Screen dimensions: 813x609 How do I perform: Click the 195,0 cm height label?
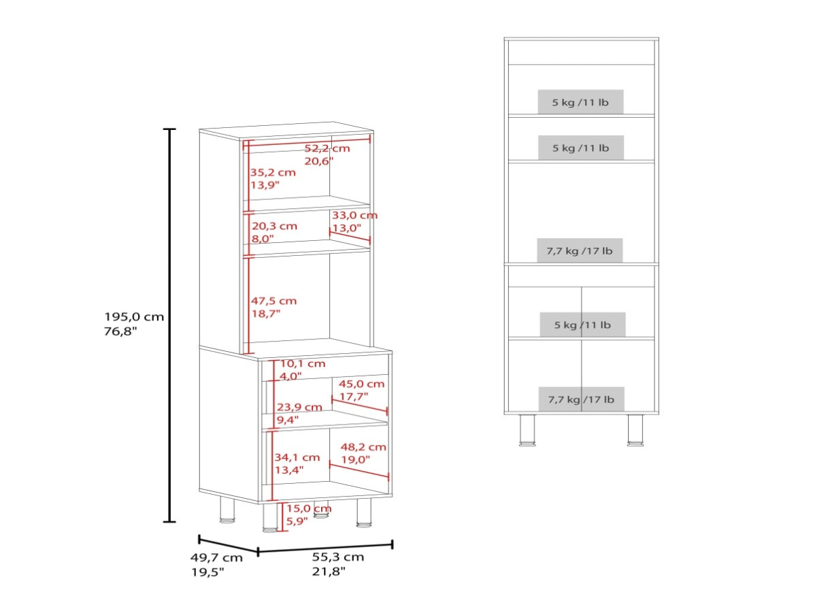point(134,316)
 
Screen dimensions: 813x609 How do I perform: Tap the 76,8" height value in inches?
point(121,331)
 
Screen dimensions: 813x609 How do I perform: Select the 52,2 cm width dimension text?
point(327,148)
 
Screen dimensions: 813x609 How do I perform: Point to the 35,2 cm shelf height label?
point(273,172)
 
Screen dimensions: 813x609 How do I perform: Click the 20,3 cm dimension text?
point(274,226)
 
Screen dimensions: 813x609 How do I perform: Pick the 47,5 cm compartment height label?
point(273,301)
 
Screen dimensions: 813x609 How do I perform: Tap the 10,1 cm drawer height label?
point(303,363)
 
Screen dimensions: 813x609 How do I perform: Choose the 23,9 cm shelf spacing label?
point(299,407)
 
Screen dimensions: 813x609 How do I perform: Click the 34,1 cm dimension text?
point(297,457)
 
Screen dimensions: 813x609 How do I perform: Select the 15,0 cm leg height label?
point(309,508)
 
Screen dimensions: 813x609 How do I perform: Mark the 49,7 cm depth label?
point(217,558)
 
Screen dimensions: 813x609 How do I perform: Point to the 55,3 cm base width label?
point(338,557)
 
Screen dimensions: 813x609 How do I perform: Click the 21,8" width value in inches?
point(329,571)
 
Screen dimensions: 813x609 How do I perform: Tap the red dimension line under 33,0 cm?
point(350,236)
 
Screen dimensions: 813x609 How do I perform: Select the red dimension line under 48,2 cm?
point(359,470)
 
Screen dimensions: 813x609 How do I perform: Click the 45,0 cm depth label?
point(362,384)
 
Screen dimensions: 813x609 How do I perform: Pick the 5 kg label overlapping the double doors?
point(583,325)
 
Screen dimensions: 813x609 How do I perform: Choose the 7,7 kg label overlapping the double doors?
point(581,399)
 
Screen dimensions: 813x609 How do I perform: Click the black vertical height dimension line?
point(169,325)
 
